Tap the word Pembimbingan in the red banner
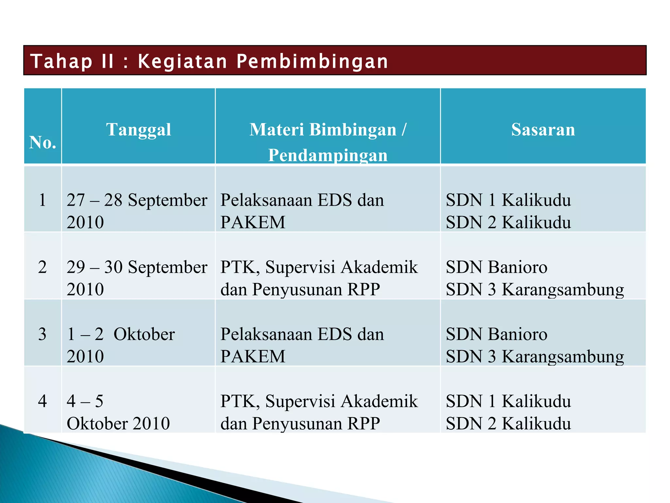point(312,61)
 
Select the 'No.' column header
point(43,142)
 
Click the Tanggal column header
point(138,129)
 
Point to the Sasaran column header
point(543,129)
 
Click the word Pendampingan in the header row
point(328,155)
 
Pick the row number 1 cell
point(43,200)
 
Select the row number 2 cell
point(43,267)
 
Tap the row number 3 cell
point(43,334)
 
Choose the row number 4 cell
point(43,401)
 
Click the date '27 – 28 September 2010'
point(137,211)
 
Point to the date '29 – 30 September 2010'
point(137,278)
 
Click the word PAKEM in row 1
point(253,222)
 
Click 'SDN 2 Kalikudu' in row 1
point(508,222)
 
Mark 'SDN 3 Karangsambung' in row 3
point(535,356)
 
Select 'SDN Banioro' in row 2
point(497,267)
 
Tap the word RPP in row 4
point(363,423)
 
